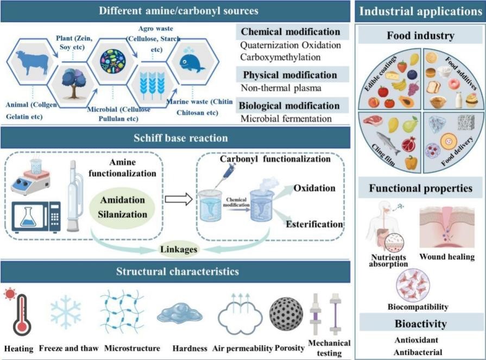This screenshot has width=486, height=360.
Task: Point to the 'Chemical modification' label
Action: point(291,32)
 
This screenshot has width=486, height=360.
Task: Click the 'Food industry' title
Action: point(420,36)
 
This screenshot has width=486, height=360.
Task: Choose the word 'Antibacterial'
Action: point(419,351)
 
